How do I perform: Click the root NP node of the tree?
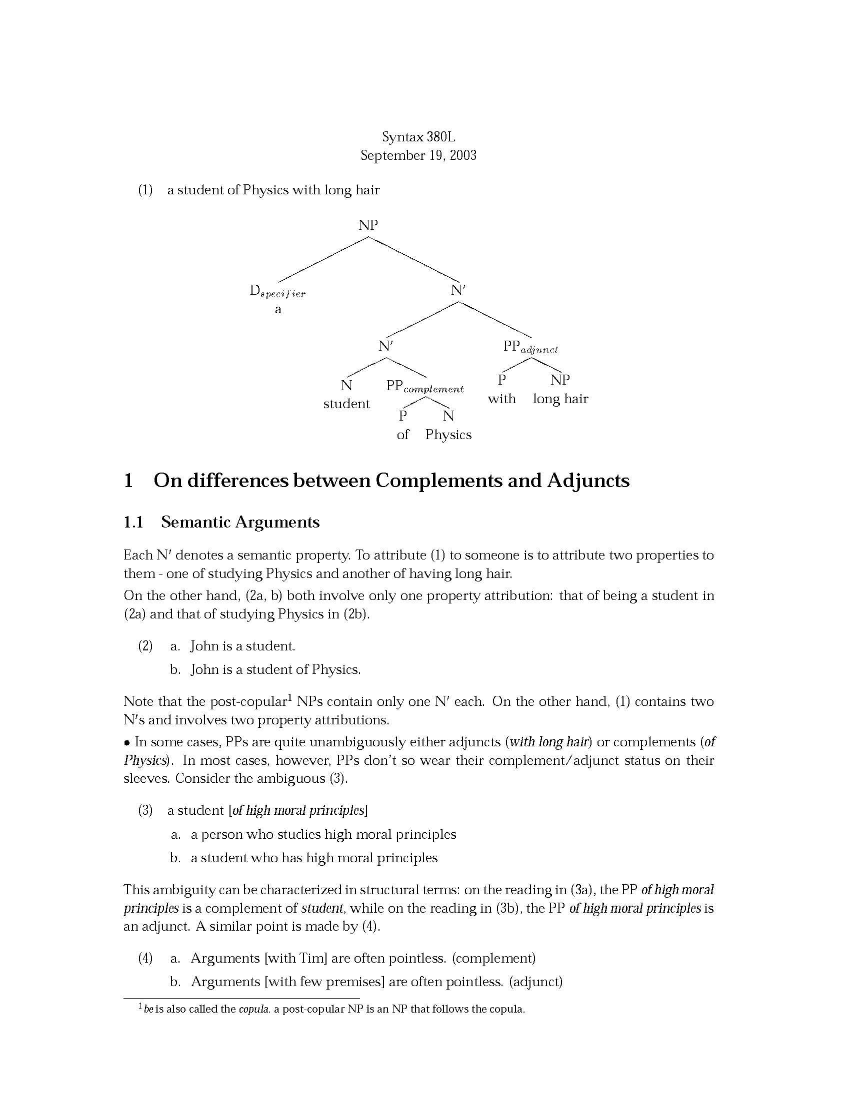coord(367,225)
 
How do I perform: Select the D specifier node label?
coord(277,291)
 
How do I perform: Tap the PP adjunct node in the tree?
coord(530,347)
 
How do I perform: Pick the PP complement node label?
coord(424,387)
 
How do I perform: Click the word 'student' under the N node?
coord(346,404)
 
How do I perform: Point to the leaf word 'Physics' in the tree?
coord(448,435)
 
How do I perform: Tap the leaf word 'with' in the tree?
coord(501,399)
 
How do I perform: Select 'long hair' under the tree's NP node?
coord(560,399)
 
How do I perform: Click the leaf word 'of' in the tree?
coord(403,435)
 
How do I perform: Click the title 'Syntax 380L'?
coord(418,137)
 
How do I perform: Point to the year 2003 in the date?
coord(463,155)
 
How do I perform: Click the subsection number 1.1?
coord(133,523)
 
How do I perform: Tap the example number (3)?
coord(145,810)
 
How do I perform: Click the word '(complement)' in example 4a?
coord(493,958)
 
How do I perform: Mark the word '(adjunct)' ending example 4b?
coord(536,982)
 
